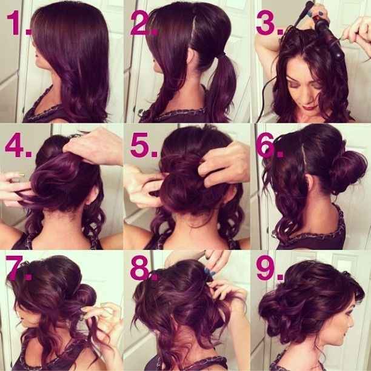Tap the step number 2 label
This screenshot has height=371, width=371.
coord(143,23)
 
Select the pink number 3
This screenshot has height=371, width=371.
coord(269,23)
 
